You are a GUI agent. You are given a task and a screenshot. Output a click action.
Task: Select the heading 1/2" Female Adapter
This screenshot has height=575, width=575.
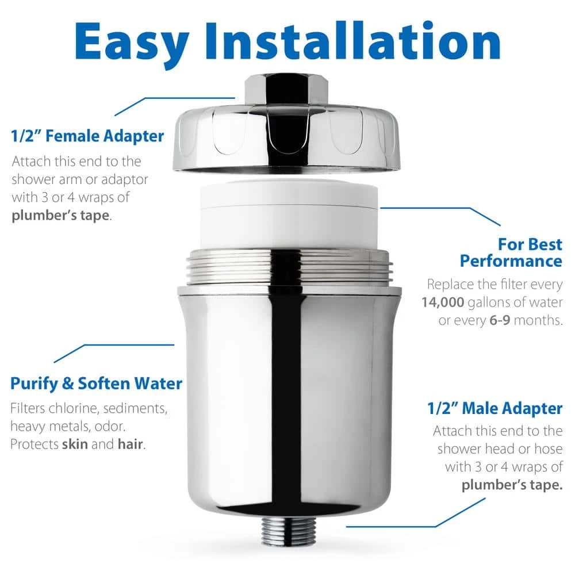click(87, 136)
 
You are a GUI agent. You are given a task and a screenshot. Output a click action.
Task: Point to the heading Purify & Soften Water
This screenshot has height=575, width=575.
click(97, 384)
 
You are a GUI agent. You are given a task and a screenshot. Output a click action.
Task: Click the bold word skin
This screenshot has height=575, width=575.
click(74, 446)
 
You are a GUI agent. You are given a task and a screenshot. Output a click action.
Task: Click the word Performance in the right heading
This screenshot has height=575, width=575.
click(511, 261)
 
